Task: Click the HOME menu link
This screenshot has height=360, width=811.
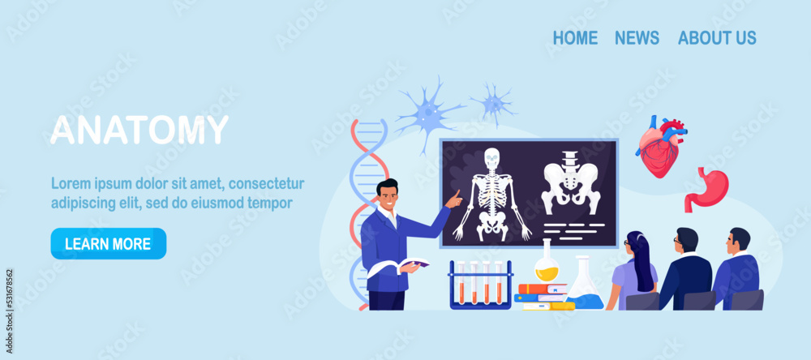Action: (575, 37)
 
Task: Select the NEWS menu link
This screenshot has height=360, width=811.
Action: (637, 37)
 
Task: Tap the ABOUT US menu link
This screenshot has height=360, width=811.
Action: (717, 37)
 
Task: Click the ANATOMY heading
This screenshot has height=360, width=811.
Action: (139, 130)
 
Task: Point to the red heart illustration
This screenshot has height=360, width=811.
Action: (659, 146)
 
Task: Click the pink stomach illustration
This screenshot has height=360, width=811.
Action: (706, 189)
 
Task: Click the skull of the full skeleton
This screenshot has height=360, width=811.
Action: (491, 158)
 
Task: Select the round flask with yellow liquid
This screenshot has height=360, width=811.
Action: (547, 265)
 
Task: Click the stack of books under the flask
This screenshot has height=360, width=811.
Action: (542, 297)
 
